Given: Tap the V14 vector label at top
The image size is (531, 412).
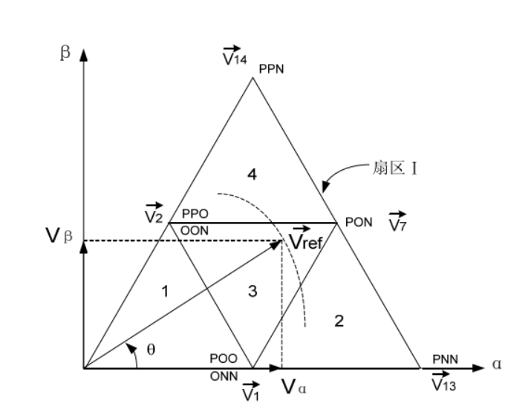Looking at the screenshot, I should [x=236, y=57].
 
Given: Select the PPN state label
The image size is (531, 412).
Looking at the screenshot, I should [x=271, y=69].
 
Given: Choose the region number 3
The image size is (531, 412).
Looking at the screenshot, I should [x=253, y=292].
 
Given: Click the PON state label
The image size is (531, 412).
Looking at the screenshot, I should [x=358, y=222].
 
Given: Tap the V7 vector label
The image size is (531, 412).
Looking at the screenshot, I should [x=398, y=222].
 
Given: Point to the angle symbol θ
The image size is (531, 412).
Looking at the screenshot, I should [x=150, y=349].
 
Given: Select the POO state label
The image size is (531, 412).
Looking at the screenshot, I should [x=221, y=359].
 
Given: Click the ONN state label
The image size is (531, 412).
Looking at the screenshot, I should [x=223, y=376].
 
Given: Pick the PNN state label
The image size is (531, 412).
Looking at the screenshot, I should [x=446, y=359].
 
